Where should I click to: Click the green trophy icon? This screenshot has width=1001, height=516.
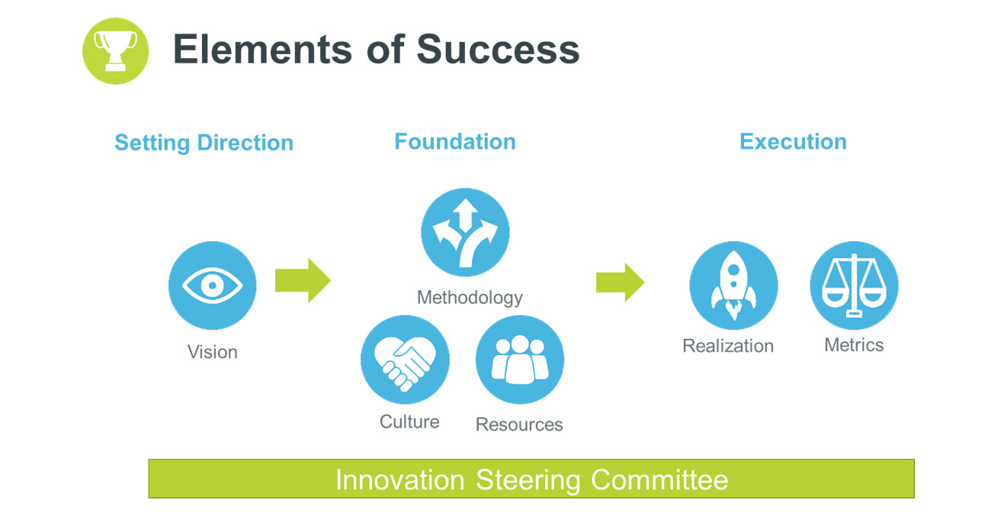click(x=115, y=51)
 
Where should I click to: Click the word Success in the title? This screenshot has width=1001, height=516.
click(x=498, y=50)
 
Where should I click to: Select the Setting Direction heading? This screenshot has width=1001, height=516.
click(x=204, y=144)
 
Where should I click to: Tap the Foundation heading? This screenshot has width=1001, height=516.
click(x=455, y=141)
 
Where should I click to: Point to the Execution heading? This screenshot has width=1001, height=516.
click(x=793, y=141)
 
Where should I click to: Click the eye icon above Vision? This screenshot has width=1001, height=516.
click(x=212, y=285)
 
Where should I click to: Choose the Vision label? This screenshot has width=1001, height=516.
click(x=212, y=352)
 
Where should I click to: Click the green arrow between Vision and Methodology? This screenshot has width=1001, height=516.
click(x=303, y=281)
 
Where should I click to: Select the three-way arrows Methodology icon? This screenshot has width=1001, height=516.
click(x=465, y=232)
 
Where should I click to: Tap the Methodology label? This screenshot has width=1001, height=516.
click(x=470, y=298)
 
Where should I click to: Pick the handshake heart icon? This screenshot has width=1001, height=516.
click(x=405, y=360)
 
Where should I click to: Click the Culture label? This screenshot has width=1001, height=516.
click(x=409, y=421)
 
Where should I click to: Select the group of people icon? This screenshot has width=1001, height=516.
click(x=520, y=360)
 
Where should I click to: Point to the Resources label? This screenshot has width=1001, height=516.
click(x=519, y=424)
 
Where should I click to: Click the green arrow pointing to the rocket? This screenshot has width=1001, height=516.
click(x=621, y=282)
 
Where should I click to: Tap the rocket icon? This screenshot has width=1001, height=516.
click(x=733, y=285)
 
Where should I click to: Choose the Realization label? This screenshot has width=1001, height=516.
click(x=728, y=346)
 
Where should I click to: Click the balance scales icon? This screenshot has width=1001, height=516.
click(x=854, y=285)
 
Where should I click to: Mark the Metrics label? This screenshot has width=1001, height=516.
click(x=854, y=345)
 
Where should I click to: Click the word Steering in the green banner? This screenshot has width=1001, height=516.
click(x=528, y=481)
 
